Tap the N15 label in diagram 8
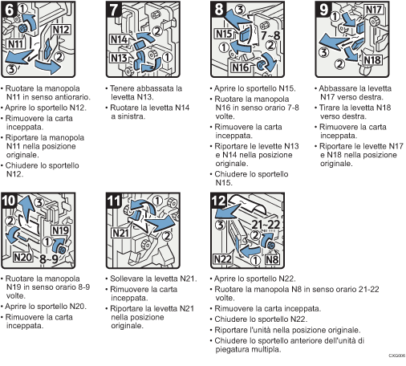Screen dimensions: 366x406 (x=225, y=35)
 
